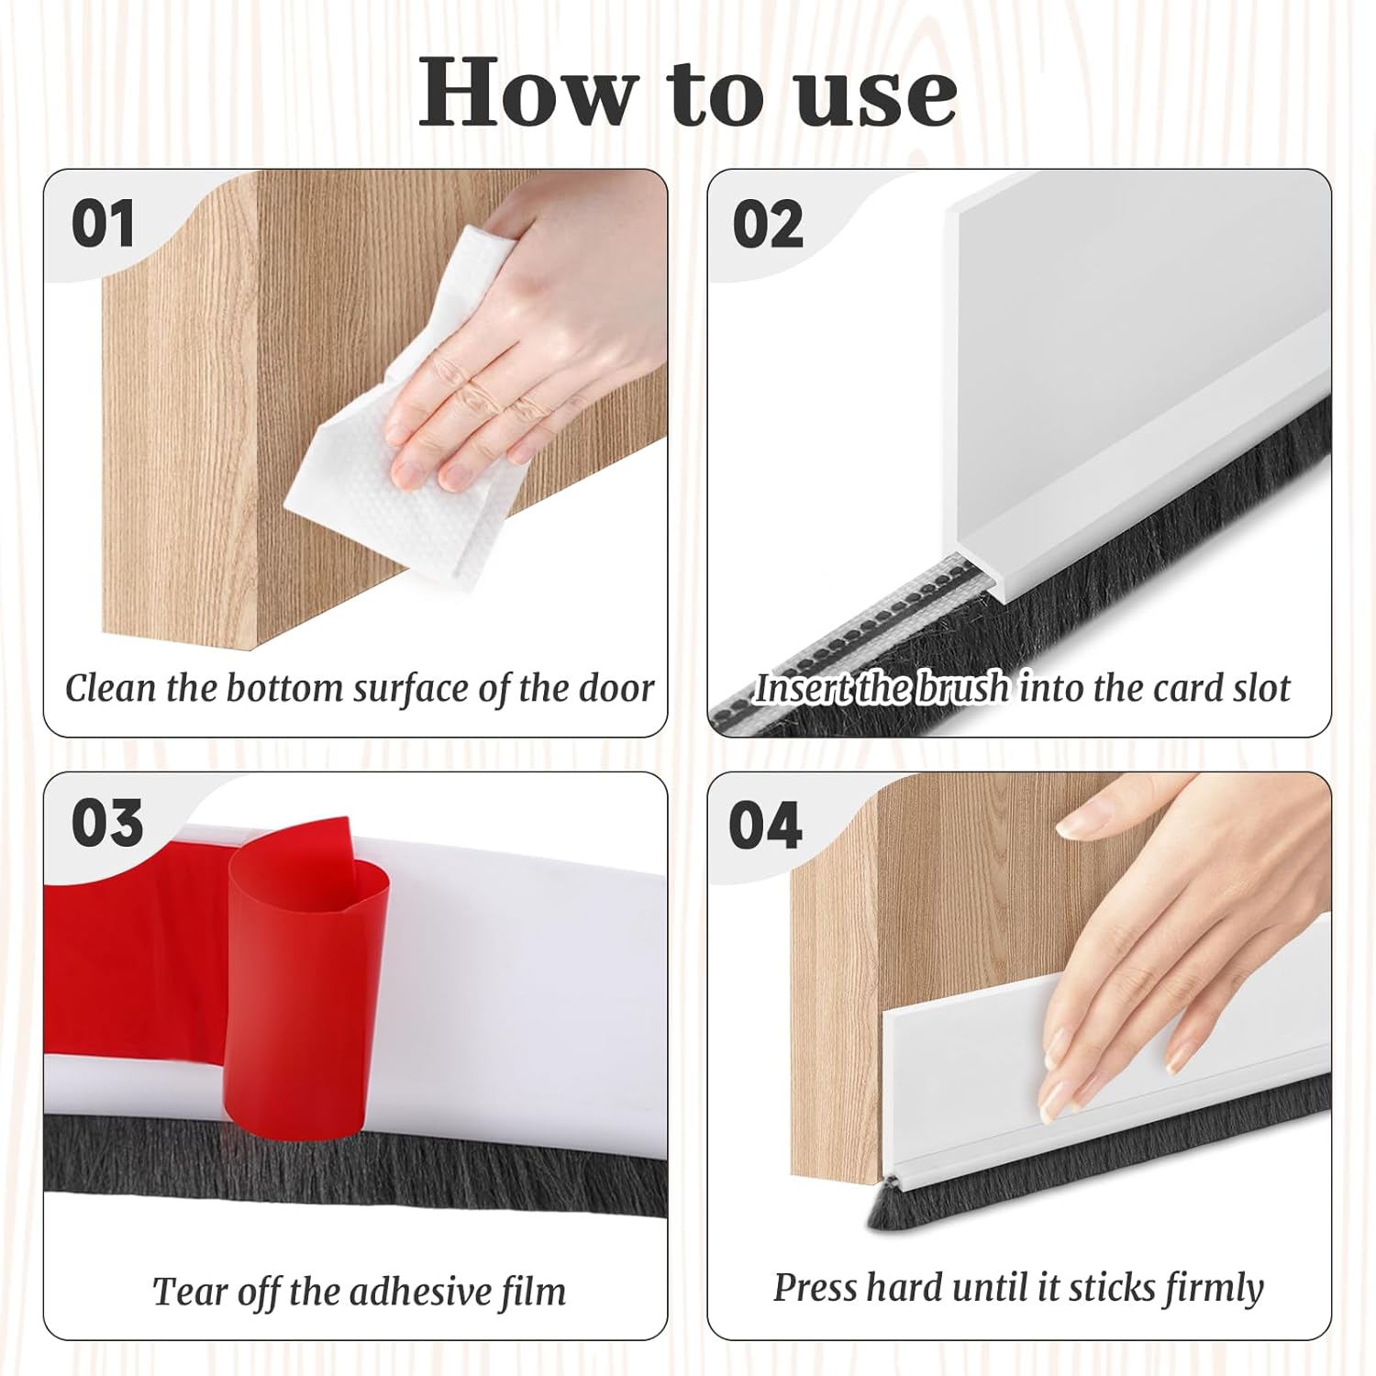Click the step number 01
103,224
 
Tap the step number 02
768,224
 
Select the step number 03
107,823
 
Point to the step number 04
765,825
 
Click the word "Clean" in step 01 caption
110,688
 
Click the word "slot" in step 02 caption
1261,688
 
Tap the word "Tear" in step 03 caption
189,1292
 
